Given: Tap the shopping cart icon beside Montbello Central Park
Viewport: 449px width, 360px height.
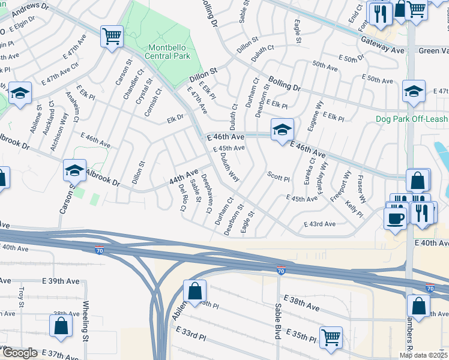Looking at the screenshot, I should coord(112,36).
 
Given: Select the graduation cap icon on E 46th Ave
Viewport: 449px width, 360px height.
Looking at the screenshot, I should coord(281,129).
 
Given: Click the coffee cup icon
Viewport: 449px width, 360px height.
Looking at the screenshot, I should coord(395,218).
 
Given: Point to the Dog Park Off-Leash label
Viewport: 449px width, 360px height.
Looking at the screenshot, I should coord(412,119).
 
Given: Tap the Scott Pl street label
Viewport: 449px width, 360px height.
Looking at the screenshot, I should coord(279,178).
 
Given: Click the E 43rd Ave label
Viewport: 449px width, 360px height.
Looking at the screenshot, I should coord(319,224).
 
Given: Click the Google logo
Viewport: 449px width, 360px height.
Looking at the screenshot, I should coord(19,353).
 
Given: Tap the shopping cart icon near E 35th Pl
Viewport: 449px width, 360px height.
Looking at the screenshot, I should coord(330,337).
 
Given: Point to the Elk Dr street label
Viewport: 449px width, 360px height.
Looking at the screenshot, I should coord(175,119).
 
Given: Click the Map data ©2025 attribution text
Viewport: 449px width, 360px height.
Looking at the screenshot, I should coord(423,355).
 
